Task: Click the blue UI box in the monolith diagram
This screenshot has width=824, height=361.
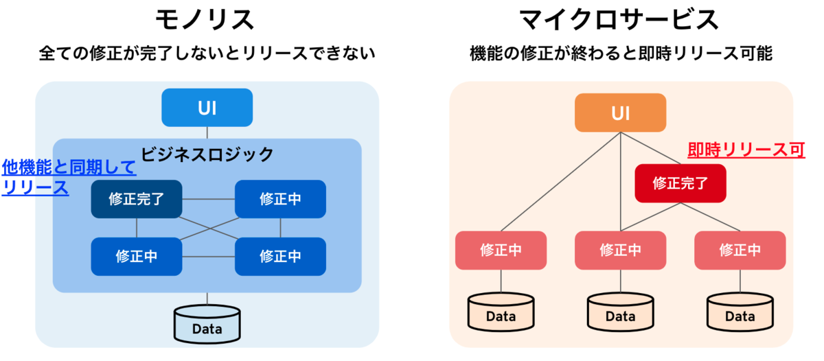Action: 207,107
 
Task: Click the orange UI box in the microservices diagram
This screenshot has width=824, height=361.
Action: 621,113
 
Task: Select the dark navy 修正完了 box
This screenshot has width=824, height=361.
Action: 137,199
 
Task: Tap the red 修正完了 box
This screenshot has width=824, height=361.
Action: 680,183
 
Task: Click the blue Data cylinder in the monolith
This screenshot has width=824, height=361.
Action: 207,324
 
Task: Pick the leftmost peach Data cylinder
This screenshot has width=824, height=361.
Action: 501,312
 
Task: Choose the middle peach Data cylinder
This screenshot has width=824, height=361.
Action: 621,312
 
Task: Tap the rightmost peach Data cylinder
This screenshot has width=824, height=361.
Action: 740,312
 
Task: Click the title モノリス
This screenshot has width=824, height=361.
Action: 205,20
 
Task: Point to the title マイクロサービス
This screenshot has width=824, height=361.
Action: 619,20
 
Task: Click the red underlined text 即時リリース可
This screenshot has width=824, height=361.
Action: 746,150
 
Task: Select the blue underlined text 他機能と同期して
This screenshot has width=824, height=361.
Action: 69,167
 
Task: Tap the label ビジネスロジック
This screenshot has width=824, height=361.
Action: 207,154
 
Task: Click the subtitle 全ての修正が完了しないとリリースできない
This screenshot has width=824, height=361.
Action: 207,54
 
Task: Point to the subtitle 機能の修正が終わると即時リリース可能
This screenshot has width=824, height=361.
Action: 621,54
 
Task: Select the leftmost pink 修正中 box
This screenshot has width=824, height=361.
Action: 501,251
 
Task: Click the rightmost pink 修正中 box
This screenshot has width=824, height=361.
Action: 740,251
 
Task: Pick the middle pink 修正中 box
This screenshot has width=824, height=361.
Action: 621,251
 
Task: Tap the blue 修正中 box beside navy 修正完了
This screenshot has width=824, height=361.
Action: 280,199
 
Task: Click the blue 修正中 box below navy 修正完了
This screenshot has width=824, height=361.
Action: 137,257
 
